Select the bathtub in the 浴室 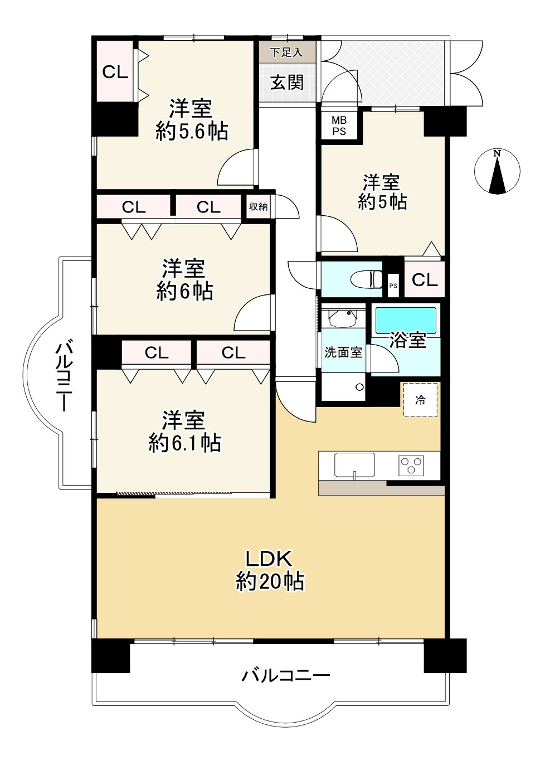click(x=406, y=320)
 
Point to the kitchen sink click(x=354, y=465)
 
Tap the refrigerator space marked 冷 click(x=420, y=400)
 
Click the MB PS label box click(x=339, y=126)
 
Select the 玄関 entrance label click(x=287, y=83)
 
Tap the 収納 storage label click(x=258, y=206)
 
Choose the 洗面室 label click(x=343, y=352)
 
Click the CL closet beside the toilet click(x=424, y=279)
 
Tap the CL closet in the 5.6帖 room click(x=115, y=71)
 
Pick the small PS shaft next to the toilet click(x=393, y=285)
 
